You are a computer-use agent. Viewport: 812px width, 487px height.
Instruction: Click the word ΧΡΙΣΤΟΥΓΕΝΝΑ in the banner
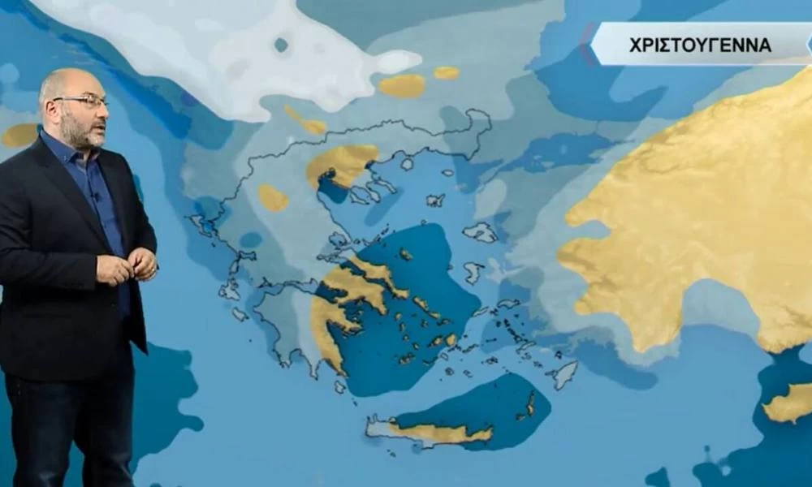[x=700, y=45]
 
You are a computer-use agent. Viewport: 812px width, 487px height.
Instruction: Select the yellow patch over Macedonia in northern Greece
[x=341, y=163]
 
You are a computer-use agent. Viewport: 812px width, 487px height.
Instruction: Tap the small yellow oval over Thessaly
[x=273, y=198]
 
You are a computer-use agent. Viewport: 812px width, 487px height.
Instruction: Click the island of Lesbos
[x=481, y=233]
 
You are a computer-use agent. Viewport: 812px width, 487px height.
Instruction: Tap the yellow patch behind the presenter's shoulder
[x=19, y=135]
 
